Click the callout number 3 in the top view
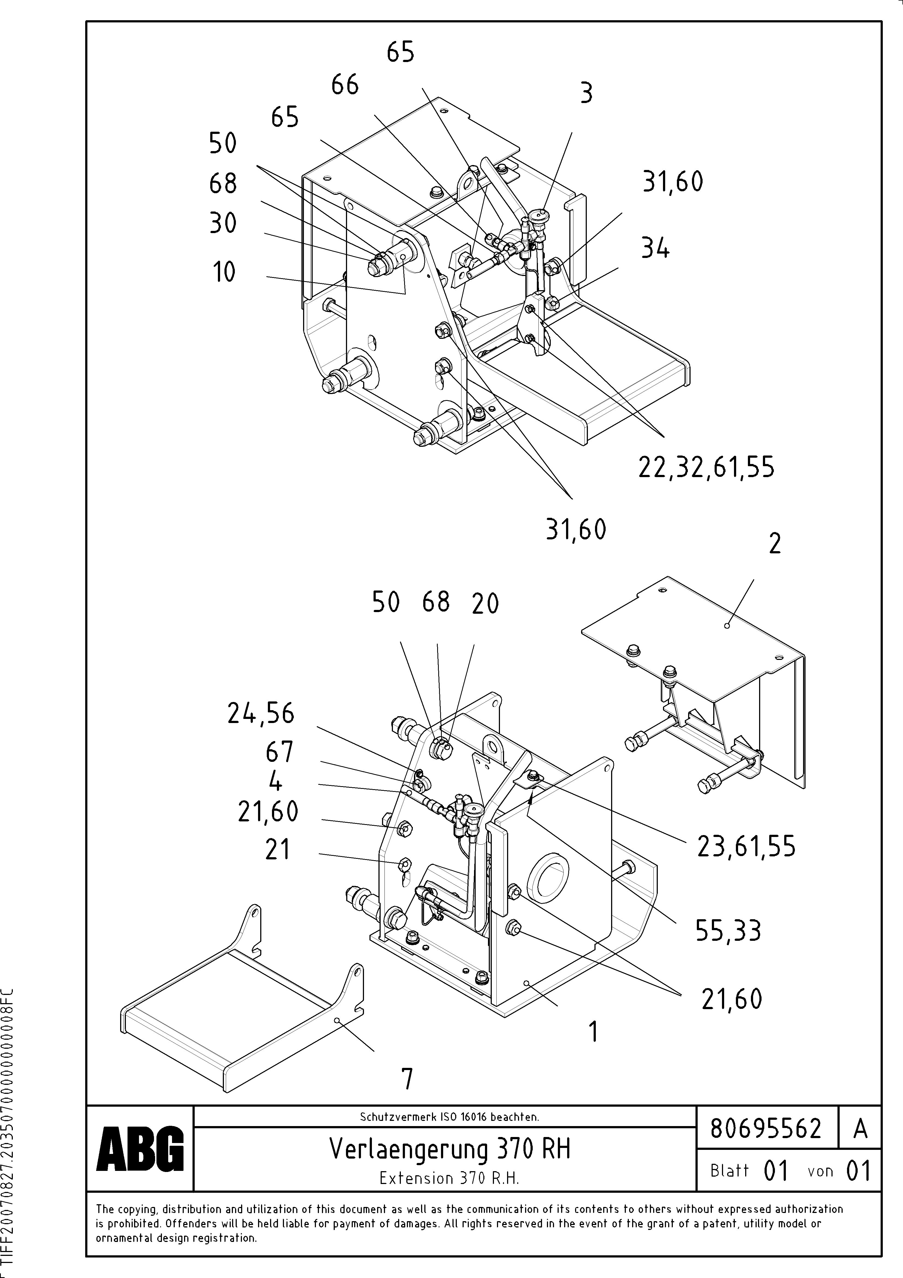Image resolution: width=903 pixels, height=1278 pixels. (587, 93)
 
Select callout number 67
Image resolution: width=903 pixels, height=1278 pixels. (279, 753)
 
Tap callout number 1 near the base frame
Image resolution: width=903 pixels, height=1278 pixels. (594, 1032)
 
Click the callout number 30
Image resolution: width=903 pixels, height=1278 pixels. (223, 223)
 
